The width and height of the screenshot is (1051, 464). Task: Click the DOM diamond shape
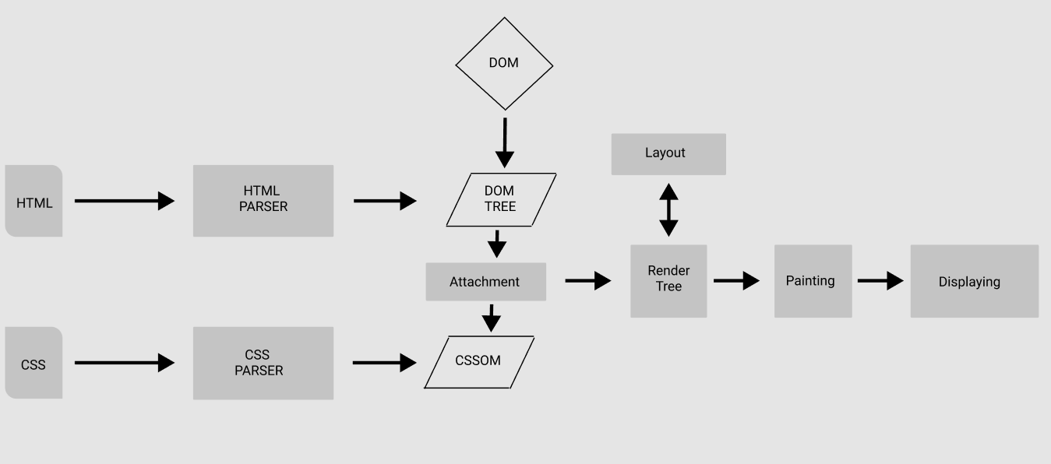504,64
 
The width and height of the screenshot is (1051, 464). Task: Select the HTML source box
34,201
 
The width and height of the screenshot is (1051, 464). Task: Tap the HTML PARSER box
263,200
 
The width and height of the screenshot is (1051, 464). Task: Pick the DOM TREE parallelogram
501,200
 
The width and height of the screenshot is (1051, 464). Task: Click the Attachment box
485,282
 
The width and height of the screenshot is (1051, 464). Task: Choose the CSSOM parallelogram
478,362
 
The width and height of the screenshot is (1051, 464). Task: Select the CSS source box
34,363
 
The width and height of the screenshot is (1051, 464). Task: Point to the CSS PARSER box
263,363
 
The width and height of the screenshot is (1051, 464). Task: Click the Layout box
668,153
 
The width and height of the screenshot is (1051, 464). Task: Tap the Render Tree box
668,281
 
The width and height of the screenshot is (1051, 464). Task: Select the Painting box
813,281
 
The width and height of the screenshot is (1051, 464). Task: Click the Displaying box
974,281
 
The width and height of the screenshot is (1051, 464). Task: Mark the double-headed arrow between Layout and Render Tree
668,209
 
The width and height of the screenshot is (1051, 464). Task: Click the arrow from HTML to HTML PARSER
124,201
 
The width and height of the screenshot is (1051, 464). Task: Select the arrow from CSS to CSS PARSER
124,363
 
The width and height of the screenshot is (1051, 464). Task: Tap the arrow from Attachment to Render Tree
588,280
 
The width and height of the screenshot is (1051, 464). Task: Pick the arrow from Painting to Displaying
880,280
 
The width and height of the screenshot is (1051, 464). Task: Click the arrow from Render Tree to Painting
736,280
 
